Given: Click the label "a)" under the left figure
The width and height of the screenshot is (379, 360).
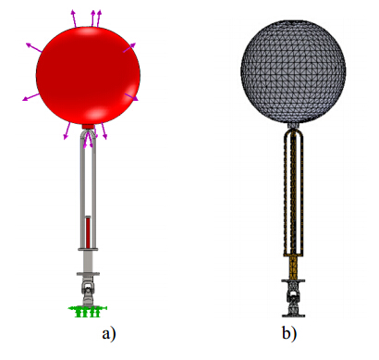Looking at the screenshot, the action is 109,334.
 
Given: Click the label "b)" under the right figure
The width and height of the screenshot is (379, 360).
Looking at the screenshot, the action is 288,333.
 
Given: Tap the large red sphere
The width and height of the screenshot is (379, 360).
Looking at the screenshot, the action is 88,75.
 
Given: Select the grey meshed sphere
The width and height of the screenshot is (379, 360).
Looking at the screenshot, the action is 293,71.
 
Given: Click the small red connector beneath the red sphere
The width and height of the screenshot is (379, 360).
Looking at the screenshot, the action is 89,126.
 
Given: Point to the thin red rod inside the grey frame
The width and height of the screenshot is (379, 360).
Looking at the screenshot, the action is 88,232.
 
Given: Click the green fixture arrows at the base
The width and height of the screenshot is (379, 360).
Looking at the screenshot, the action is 88,311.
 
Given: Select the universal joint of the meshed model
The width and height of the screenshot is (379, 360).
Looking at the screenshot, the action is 293,297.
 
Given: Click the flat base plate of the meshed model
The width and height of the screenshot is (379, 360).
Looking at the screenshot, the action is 293,316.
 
